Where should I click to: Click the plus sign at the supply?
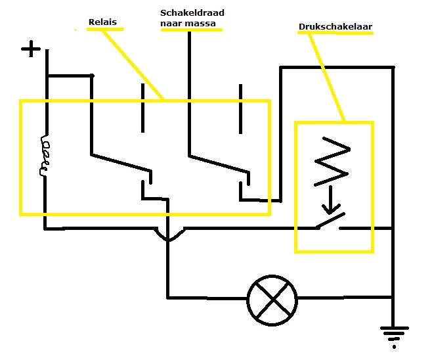click(30, 49)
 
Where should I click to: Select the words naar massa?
click(188, 24)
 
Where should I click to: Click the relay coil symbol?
click(45, 156)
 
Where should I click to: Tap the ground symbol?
click(393, 336)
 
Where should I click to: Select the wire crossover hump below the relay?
click(169, 235)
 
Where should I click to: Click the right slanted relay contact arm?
click(218, 164)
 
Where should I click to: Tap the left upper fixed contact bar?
click(142, 106)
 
